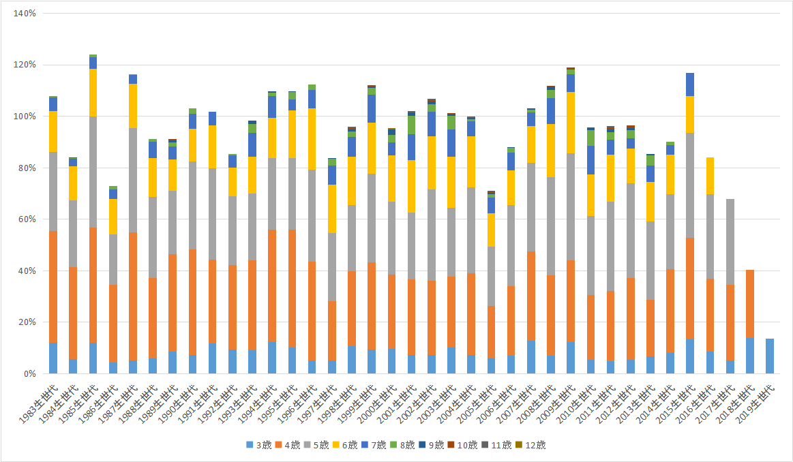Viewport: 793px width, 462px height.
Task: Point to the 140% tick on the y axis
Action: [x=25, y=14]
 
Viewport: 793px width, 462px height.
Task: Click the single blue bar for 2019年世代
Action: [x=770, y=356]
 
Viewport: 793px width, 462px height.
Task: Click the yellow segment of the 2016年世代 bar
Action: [x=710, y=176]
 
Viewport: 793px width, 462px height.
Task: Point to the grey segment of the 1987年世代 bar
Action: [x=133, y=180]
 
